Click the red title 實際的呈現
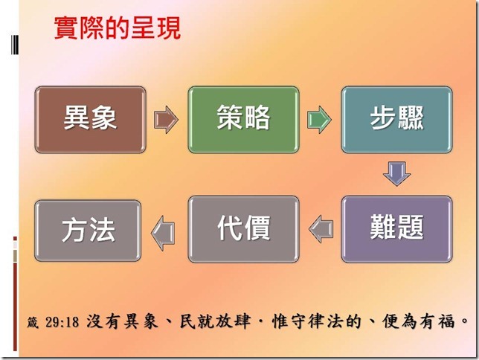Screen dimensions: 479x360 tap(117, 29)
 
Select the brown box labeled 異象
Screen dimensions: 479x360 tap(90, 119)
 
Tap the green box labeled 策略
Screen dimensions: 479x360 tap(243, 119)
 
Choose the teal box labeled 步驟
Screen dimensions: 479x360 tap(396, 119)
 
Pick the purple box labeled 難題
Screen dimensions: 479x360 tap(396, 229)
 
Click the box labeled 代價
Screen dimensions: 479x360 tap(243, 229)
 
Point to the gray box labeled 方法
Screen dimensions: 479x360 tap(89, 229)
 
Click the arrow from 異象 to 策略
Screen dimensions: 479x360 tap(166, 119)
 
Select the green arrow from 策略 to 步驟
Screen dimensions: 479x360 tap(319, 119)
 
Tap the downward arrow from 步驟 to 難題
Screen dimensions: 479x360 tap(396, 173)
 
